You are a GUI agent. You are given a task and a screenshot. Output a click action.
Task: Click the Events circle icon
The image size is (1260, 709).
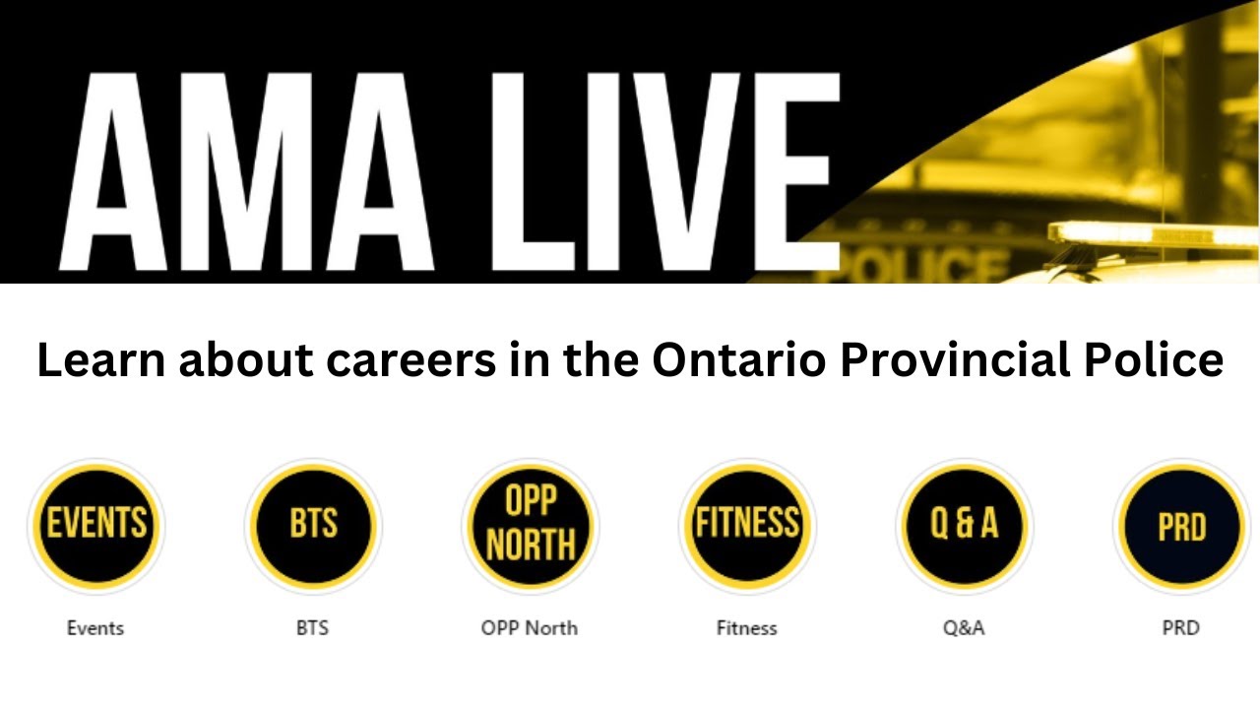pyautogui.click(x=96, y=526)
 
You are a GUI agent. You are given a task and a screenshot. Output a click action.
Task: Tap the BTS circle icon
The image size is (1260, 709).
pyautogui.click(x=313, y=526)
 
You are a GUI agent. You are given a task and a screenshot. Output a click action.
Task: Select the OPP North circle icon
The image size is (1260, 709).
pyautogui.click(x=531, y=526)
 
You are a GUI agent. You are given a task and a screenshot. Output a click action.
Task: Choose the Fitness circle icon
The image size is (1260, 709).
pyautogui.click(x=747, y=526)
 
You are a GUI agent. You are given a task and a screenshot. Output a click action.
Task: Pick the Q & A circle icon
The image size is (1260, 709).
pyautogui.click(x=965, y=526)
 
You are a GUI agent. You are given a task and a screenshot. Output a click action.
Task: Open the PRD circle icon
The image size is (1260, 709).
pyautogui.click(x=1181, y=526)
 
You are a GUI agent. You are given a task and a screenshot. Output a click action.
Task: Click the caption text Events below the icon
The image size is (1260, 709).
pyautogui.click(x=95, y=627)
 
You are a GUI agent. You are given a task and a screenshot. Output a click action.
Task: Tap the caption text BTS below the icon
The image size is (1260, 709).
pyautogui.click(x=312, y=627)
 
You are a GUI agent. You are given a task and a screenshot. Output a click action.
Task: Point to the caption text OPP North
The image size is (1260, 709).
pyautogui.click(x=530, y=627)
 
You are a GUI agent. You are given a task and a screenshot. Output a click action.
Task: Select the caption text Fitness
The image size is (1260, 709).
pyautogui.click(x=746, y=627)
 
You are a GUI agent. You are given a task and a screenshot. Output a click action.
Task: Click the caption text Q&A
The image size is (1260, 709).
pyautogui.click(x=964, y=627)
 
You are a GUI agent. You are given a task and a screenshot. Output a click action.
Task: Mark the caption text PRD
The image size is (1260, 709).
pyautogui.click(x=1181, y=627)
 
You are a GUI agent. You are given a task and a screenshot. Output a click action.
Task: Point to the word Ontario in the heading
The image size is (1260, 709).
pyautogui.click(x=737, y=360)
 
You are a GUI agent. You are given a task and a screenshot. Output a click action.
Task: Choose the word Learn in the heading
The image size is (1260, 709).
pyautogui.click(x=100, y=360)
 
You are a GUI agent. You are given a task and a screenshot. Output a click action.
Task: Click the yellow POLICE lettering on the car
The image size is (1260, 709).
pyautogui.click(x=925, y=264)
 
